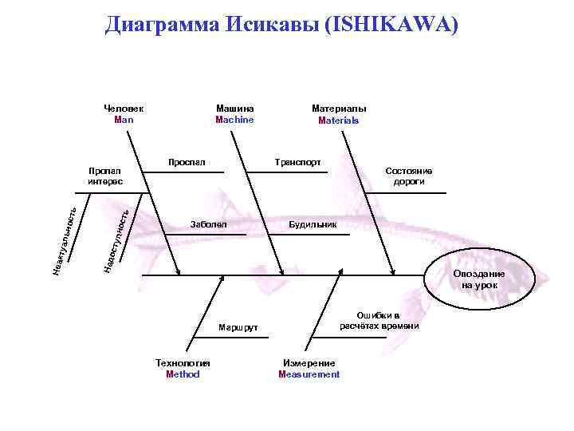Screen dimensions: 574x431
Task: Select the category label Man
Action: click(124, 120)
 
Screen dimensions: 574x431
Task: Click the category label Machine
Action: click(234, 120)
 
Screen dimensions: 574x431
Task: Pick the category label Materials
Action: click(339, 121)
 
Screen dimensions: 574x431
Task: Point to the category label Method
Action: click(183, 374)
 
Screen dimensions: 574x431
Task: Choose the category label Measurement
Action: click(309, 374)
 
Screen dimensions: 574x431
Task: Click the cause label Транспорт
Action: click(297, 162)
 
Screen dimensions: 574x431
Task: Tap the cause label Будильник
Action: click(313, 225)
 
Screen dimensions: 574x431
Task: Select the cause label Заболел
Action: click(208, 225)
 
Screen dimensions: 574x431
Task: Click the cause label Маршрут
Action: click(238, 328)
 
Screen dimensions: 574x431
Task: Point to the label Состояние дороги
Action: click(408, 176)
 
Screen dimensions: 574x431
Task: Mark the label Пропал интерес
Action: click(105, 176)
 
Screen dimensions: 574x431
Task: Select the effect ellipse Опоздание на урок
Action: click(478, 279)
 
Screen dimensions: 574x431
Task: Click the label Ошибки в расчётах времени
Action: click(379, 321)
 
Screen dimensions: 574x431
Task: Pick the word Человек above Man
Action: click(124, 109)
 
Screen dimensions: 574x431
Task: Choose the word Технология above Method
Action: click(183, 363)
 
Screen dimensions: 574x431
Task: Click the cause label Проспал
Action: click(187, 163)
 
